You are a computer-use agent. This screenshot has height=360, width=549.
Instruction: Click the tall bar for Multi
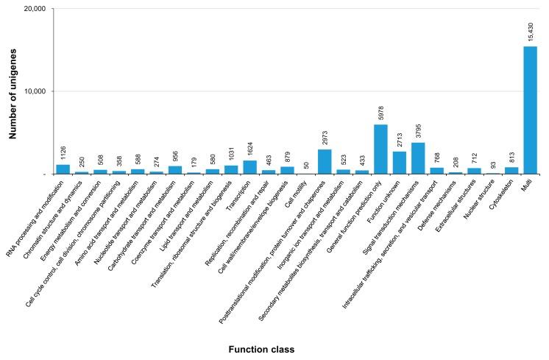(x=530, y=110)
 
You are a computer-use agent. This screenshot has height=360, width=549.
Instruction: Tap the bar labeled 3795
(x=418, y=158)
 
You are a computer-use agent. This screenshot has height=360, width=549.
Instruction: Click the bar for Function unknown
(x=400, y=163)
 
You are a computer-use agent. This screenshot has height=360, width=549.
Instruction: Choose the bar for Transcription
(x=250, y=167)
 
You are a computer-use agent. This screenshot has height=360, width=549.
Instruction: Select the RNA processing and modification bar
(x=63, y=169)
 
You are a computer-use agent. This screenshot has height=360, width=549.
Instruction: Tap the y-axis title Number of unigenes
(x=13, y=92)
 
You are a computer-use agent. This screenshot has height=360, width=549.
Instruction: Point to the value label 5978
(x=380, y=113)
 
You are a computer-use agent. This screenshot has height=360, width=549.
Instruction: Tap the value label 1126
(x=63, y=152)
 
